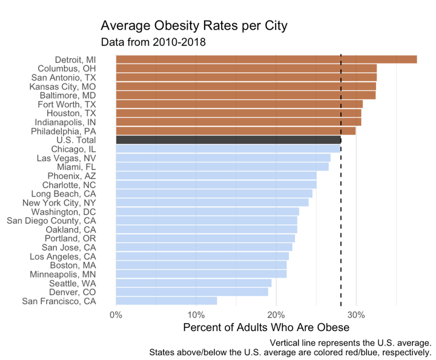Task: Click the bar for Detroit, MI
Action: pos(266,59)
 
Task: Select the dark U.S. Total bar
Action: pos(228,140)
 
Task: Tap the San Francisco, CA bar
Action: pos(166,301)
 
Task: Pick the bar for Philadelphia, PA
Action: pos(236,131)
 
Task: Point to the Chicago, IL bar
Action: pos(228,149)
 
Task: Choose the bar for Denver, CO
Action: pos(192,292)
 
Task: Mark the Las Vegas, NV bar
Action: pos(223,157)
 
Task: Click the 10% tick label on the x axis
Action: pos(196,315)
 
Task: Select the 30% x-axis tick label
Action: pos(356,315)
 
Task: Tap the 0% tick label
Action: pos(116,315)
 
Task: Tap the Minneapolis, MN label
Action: pos(74,273)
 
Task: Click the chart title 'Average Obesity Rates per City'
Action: pos(194,26)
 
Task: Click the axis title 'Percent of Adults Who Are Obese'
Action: pos(266,328)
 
